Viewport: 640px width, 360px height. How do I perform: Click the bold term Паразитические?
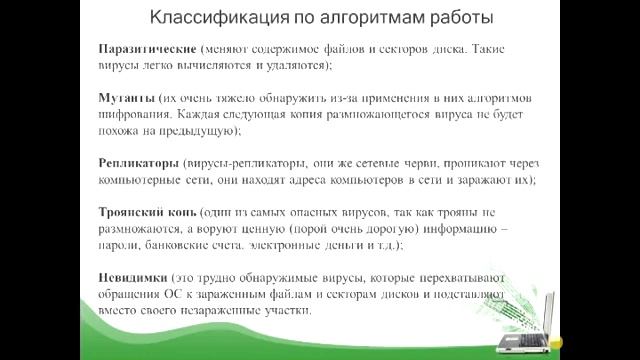[147, 48]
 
